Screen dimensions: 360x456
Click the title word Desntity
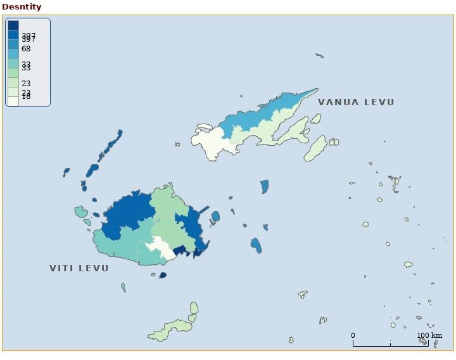click(22, 7)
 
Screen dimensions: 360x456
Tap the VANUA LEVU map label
click(356, 102)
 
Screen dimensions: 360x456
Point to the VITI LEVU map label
click(79, 268)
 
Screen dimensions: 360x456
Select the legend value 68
click(26, 48)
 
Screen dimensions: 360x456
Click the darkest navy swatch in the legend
click(13, 25)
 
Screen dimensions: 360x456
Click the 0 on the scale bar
click(353, 335)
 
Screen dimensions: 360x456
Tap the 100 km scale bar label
click(429, 335)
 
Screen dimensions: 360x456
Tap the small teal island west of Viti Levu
click(80, 212)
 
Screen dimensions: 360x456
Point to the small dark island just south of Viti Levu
click(163, 275)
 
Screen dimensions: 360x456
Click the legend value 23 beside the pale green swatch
click(26, 83)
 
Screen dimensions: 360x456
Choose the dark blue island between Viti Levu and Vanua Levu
click(265, 186)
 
